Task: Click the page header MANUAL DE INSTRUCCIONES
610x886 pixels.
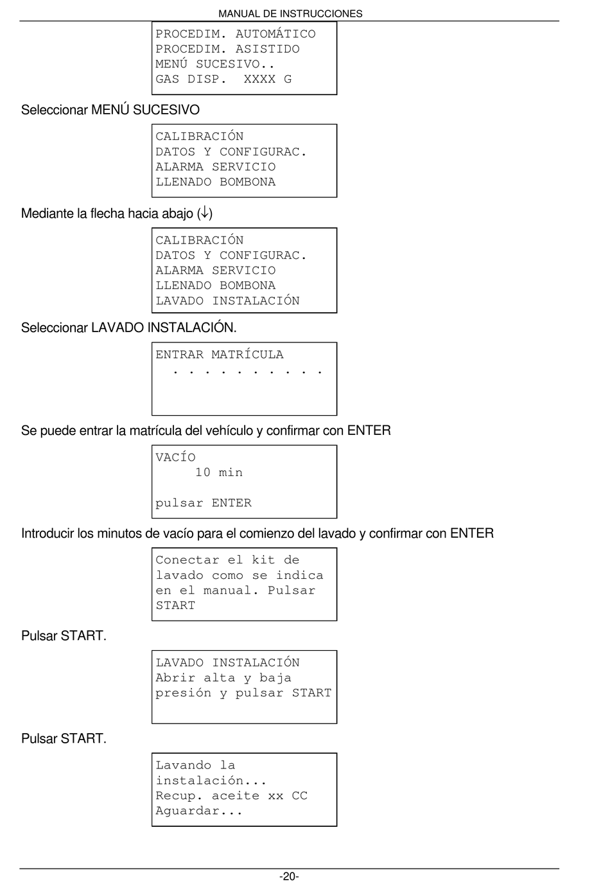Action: point(290,13)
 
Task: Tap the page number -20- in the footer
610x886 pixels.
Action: point(289,876)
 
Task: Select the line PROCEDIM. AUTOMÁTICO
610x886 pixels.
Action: point(236,34)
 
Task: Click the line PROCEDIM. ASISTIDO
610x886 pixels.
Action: point(227,49)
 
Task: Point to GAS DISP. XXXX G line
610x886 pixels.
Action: point(223,79)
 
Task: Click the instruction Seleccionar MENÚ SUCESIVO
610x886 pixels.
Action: point(110,110)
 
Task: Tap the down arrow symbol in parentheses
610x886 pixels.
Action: point(205,213)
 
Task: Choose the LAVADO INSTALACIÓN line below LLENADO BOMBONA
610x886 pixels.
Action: point(227,301)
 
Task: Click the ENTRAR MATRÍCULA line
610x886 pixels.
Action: point(219,355)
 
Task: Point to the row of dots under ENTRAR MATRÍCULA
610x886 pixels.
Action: point(247,372)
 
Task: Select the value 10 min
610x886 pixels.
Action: point(219,472)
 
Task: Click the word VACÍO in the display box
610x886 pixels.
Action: point(175,457)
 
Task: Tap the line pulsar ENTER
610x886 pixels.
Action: point(204,503)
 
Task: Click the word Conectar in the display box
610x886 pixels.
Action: point(187,560)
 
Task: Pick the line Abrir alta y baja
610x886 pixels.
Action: point(223,678)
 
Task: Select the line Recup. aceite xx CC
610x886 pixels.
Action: point(231,795)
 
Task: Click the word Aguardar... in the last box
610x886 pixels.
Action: point(199,811)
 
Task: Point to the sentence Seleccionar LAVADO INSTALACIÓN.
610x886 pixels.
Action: point(128,328)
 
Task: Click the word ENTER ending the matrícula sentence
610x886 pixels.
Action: point(369,430)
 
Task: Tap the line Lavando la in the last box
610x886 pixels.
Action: point(195,765)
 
